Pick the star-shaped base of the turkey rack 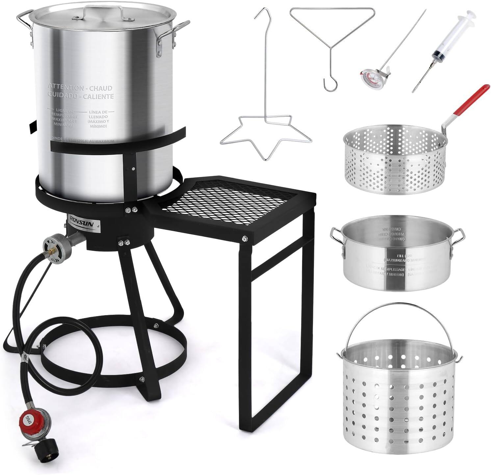[x=265, y=135]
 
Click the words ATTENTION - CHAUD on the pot [x=80, y=88]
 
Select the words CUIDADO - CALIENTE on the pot [x=81, y=96]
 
